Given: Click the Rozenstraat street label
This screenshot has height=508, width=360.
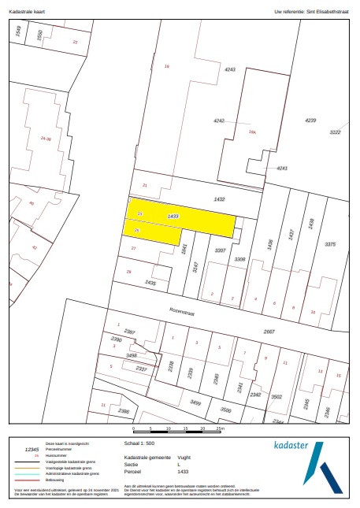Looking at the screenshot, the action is (x=181, y=309).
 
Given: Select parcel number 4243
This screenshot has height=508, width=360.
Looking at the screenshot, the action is (x=230, y=70).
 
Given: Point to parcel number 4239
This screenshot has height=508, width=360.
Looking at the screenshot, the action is (x=310, y=120).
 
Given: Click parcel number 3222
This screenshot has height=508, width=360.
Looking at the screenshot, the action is (x=335, y=132).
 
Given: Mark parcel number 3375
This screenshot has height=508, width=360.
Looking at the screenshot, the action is (x=331, y=244).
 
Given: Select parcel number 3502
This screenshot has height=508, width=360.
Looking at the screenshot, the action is (x=276, y=397).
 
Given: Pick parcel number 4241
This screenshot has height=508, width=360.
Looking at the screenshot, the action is (x=281, y=169).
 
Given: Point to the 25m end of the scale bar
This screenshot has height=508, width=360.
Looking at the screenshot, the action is (x=221, y=428).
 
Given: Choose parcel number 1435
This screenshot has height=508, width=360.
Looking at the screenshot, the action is (x=150, y=283).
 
